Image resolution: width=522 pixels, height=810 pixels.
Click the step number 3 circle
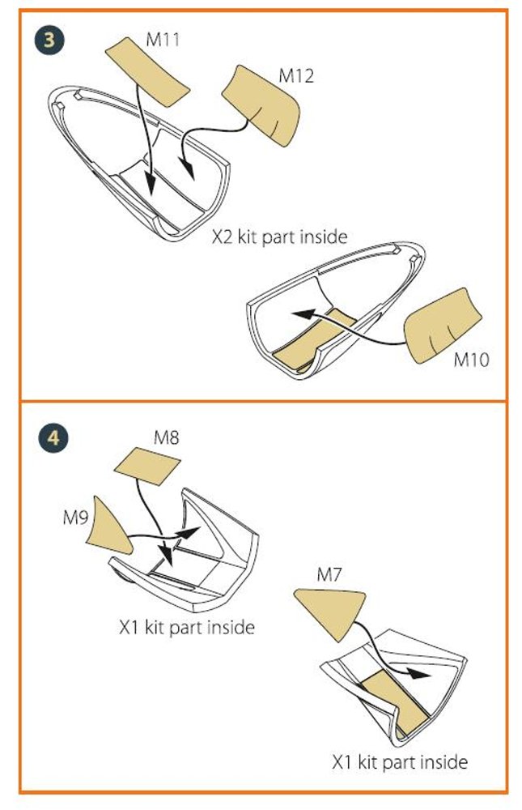point(49,40)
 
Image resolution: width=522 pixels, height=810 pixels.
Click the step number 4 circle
point(53,438)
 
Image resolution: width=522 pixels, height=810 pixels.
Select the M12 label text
point(296,75)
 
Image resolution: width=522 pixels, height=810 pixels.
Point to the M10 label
point(471,359)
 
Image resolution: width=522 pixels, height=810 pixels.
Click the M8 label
point(166,437)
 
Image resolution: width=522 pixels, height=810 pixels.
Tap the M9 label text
point(75,517)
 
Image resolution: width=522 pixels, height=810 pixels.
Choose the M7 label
point(329,574)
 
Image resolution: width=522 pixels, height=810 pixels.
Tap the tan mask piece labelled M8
point(146,466)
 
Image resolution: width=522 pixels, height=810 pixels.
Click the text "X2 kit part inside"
point(279,237)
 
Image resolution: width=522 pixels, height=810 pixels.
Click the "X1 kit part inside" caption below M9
point(187,627)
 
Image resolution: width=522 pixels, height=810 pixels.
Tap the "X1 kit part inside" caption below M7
point(400,762)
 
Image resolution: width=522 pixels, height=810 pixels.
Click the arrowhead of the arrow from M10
point(302,313)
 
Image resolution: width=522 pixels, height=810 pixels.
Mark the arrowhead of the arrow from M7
point(419,673)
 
